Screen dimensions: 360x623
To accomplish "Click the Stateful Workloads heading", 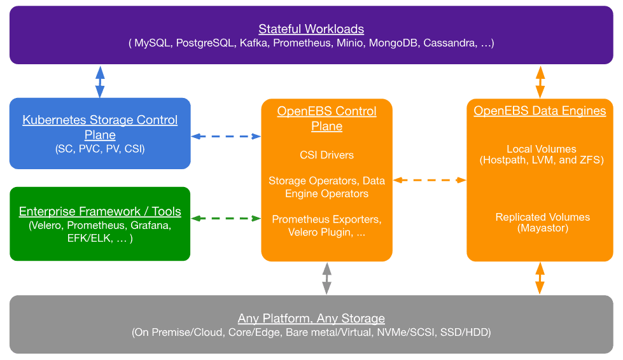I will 311,29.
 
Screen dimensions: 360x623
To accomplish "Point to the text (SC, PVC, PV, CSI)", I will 100,149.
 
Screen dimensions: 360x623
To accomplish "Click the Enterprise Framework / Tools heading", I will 100,212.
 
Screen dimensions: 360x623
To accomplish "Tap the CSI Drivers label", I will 326,155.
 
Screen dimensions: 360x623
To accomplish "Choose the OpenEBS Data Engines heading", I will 540,111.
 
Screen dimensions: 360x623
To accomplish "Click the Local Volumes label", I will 541,149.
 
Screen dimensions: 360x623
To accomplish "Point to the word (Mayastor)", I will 543,228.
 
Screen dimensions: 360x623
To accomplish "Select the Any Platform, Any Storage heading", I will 311,318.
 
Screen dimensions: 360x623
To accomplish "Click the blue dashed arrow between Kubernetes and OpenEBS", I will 226,136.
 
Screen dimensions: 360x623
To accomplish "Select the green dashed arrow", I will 226,218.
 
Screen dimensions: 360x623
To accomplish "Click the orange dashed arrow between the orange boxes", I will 430,180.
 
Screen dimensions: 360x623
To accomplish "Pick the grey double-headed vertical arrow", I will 326,278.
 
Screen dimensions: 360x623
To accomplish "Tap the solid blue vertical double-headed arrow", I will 100,81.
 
